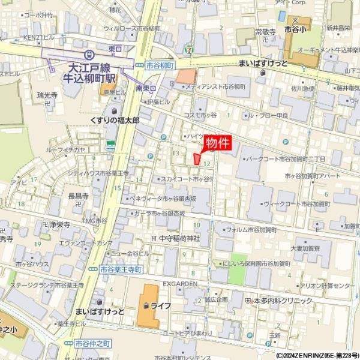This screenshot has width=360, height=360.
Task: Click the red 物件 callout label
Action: click(x=218, y=143)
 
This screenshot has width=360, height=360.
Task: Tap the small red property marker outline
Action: click(x=197, y=158)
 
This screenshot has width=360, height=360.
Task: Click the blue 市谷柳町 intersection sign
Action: click(x=160, y=64)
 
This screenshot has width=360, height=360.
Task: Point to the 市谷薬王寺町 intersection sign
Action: click(x=121, y=270)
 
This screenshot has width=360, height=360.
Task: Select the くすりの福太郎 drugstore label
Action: click(x=115, y=120)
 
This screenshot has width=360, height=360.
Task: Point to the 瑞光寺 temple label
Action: click(x=47, y=95)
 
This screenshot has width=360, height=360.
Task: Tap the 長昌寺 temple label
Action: click(x=78, y=196)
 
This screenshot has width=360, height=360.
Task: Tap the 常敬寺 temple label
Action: click(x=265, y=31)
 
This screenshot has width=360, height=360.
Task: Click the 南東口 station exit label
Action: click(x=146, y=88)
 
